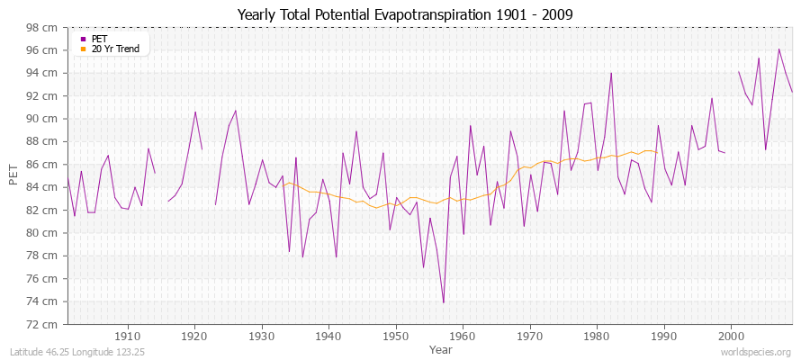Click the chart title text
click(404, 14)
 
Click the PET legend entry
click(99, 39)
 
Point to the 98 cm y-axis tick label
click(42, 28)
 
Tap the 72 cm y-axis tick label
click(42, 324)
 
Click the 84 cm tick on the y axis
click(42, 187)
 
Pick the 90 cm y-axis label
click(42, 119)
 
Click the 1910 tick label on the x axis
click(128, 334)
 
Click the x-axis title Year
click(441, 348)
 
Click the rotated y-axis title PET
click(13, 175)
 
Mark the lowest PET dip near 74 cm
click(444, 302)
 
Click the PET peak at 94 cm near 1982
click(611, 73)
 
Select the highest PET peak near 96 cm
click(778, 49)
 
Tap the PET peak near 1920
click(195, 112)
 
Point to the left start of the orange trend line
click(283, 185)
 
